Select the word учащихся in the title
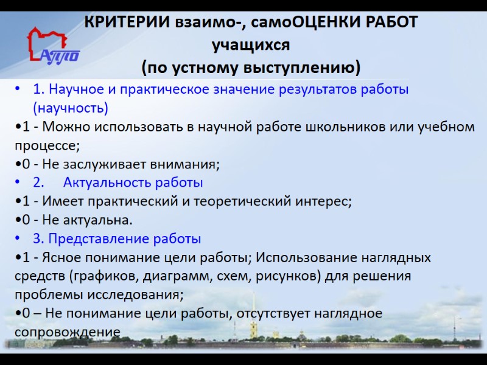pos(250,44)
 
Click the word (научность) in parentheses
pos(71,108)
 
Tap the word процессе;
pos(47,146)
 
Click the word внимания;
pos(186,164)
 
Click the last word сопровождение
pos(66,332)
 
